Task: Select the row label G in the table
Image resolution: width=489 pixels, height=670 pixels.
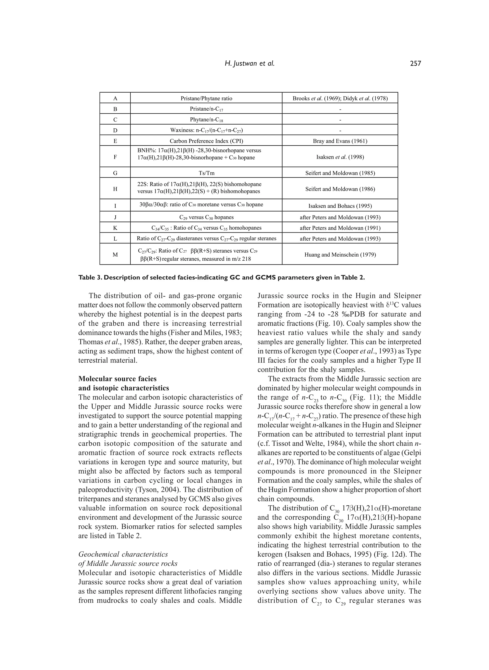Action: [x=115, y=173]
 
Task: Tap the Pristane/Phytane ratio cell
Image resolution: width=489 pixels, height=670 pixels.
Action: [x=206, y=98]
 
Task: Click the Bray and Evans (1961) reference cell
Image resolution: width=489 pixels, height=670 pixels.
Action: [x=340, y=141]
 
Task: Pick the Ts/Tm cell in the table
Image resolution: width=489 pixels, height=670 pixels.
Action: [x=206, y=173]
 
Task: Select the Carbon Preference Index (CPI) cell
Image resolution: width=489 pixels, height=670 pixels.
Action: [x=206, y=141]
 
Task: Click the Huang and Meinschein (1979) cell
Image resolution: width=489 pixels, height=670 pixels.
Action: [x=340, y=254]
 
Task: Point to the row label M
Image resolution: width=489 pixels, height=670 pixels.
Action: [x=115, y=254]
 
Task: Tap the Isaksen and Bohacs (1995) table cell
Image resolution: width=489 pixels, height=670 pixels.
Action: [x=340, y=206]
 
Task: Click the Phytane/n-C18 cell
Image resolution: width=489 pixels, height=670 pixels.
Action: [x=206, y=120]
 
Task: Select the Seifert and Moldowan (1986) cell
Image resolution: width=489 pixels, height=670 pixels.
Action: [x=340, y=189]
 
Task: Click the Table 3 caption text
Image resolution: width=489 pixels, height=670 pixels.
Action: [x=221, y=278]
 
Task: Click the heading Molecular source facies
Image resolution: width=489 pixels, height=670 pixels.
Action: [x=117, y=379]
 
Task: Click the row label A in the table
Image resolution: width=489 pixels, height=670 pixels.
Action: [x=115, y=98]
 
